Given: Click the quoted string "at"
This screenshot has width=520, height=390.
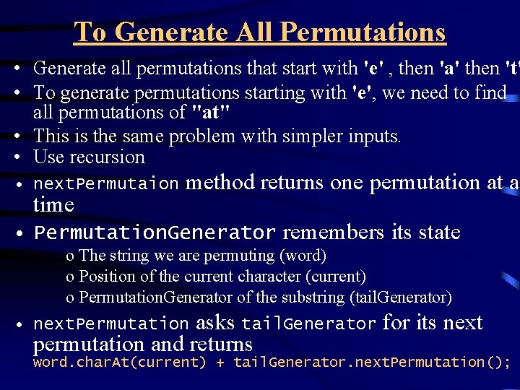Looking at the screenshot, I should (210, 113).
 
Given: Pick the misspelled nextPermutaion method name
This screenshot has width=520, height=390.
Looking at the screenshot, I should (106, 183).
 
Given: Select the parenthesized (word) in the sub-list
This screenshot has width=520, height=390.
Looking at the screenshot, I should (304, 256).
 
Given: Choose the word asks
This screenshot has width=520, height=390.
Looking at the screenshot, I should (214, 323).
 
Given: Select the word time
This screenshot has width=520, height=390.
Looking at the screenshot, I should (53, 205).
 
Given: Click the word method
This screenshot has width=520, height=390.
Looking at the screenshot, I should (220, 183).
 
